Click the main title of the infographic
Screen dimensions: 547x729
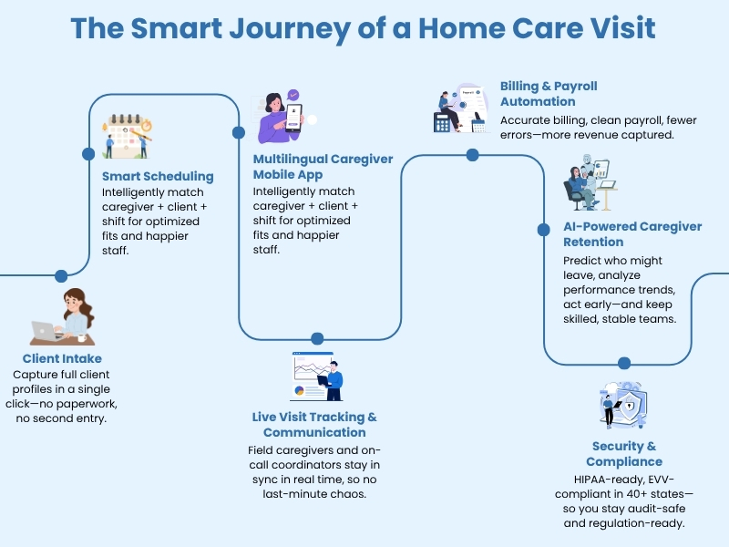364,27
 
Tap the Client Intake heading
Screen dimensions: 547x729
62,358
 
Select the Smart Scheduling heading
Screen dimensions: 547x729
158,176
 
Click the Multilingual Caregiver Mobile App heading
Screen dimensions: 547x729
323,167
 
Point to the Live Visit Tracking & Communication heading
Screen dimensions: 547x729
314,424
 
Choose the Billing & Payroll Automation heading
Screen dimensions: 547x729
549,94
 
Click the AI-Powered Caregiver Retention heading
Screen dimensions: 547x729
618,234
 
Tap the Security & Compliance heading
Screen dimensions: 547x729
624,454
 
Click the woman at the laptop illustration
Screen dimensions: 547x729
64,316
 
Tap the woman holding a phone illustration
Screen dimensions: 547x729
284,116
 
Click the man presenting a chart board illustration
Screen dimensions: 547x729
317,377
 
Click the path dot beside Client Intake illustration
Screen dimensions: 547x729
61,276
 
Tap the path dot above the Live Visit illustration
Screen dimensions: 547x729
317,338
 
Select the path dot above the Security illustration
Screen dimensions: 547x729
624,363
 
